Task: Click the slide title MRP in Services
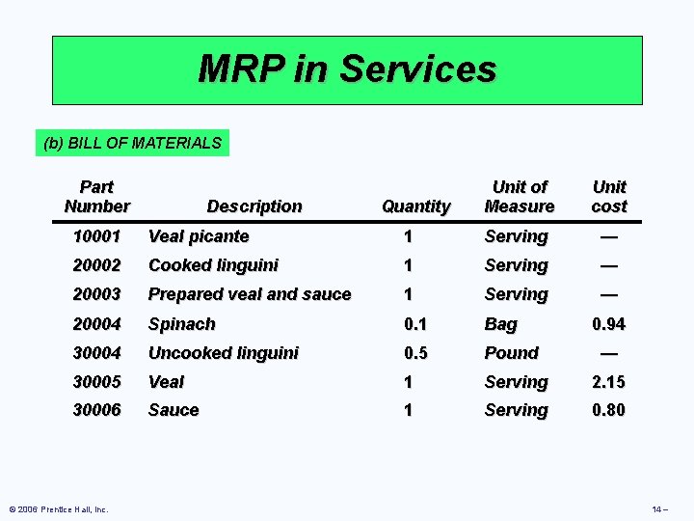pos(347,69)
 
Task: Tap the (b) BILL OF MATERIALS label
pos(133,144)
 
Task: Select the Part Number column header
pos(96,196)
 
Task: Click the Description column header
pos(254,206)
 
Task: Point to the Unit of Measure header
pos(520,196)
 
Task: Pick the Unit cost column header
pos(609,196)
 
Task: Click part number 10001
pos(96,236)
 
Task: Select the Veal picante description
pos(199,236)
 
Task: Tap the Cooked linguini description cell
pos(213,265)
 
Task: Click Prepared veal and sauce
pos(250,294)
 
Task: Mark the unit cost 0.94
pos(608,324)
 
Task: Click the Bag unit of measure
pos(501,324)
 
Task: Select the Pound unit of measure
pos(511,353)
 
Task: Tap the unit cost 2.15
pos(608,382)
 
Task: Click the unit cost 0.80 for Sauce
pos(608,410)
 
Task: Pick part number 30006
pos(96,410)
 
